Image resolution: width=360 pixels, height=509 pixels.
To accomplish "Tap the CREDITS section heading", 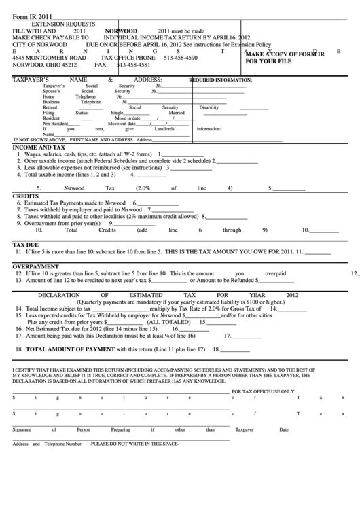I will click(x=26, y=196).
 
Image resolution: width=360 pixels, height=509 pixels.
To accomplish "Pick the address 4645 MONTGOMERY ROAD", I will click(x=50, y=58).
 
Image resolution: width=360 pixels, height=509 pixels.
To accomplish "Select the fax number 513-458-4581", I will click(x=134, y=65).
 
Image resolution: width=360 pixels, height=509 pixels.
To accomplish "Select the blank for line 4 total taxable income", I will click(x=152, y=175).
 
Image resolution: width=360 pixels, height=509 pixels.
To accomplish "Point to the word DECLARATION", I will click(x=60, y=295).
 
